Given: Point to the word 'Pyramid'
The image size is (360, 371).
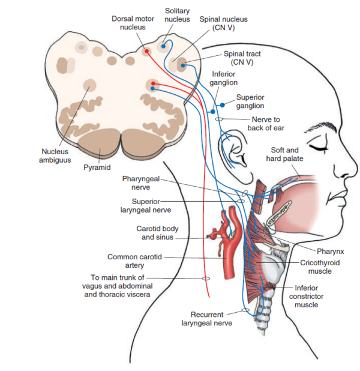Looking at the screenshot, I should tap(97, 167).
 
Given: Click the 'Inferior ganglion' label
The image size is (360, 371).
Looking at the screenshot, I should tap(224, 78).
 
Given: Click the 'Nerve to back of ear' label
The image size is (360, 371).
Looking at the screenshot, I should tap(268, 123).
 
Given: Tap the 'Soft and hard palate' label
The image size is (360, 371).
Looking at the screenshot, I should tap(285, 154).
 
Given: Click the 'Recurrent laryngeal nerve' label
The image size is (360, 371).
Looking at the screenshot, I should tap(207, 318).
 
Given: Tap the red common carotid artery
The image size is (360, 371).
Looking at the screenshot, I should tap(230, 258).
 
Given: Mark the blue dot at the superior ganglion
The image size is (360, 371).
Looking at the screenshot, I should tap(223, 104).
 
